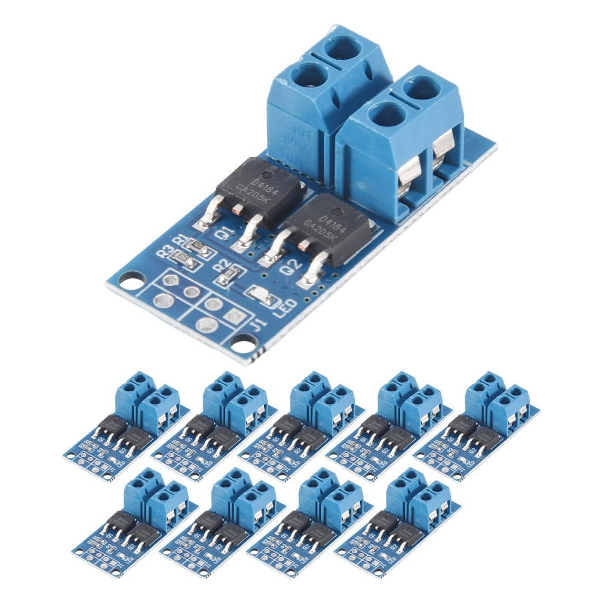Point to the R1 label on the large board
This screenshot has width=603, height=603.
(179, 240)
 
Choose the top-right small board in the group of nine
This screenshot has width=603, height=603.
(477, 426)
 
